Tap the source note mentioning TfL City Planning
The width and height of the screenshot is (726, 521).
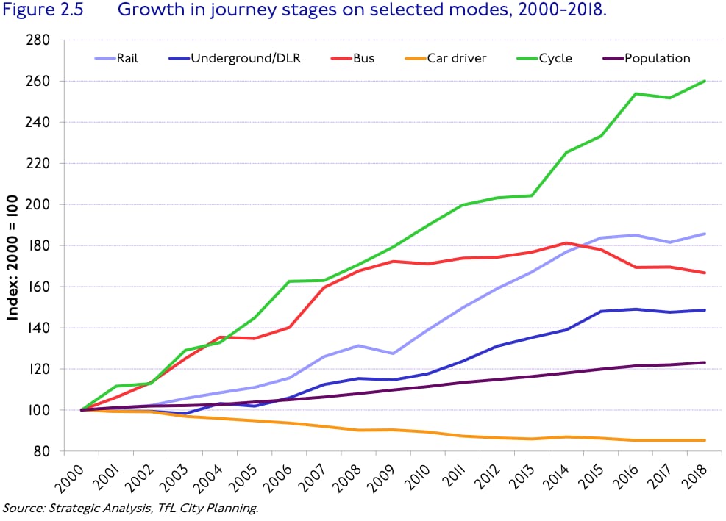click(131, 508)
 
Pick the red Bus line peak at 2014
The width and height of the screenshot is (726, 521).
click(566, 243)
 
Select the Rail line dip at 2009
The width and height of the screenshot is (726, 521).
click(394, 353)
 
